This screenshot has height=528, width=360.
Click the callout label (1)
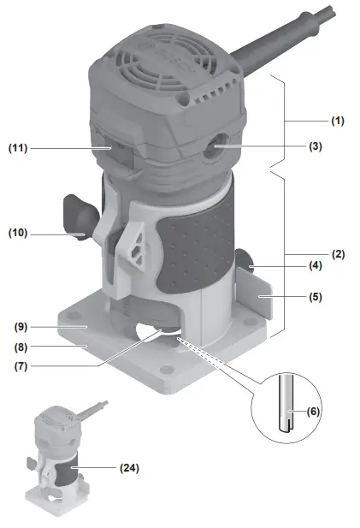[x=338, y=121]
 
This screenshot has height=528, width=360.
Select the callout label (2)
[x=338, y=254]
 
